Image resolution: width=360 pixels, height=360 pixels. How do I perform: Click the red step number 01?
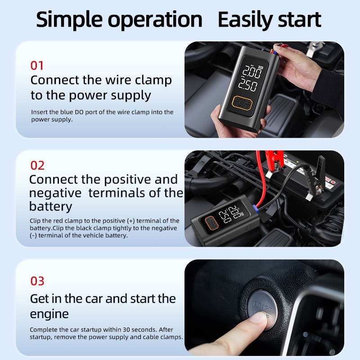pyautogui.click(x=37, y=66)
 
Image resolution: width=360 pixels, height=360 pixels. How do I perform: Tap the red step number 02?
pyautogui.click(x=37, y=166)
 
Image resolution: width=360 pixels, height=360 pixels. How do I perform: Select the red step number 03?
pyautogui.click(x=37, y=281)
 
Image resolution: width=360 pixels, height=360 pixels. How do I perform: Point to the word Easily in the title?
pyautogui.click(x=245, y=20)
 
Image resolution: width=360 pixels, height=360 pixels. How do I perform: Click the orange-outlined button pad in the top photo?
pyautogui.click(x=243, y=104)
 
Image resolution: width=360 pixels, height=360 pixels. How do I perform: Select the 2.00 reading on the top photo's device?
pyautogui.click(x=252, y=72)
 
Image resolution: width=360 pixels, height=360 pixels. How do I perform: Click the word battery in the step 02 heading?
pyautogui.click(x=50, y=206)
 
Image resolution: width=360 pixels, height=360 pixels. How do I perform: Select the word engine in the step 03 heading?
pyautogui.click(x=49, y=314)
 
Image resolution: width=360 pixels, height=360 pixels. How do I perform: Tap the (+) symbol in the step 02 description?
pyautogui.click(x=131, y=221)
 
